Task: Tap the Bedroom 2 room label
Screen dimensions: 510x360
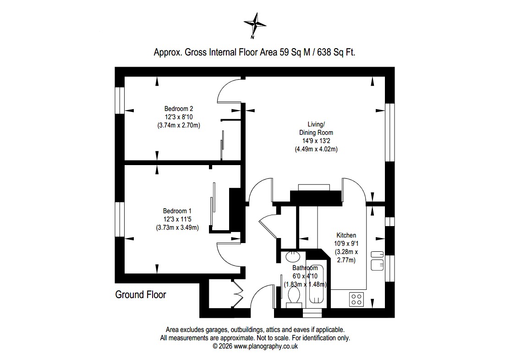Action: pyautogui.click(x=179, y=109)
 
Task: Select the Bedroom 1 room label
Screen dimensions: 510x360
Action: pyautogui.click(x=177, y=211)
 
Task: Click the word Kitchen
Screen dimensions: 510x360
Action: pyautogui.click(x=346, y=235)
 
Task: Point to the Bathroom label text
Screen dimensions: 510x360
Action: pyautogui.click(x=305, y=268)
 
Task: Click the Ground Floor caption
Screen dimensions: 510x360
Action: pyautogui.click(x=141, y=294)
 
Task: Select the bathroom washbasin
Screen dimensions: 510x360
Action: pyautogui.click(x=293, y=256)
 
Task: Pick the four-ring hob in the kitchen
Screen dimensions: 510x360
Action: pyautogui.click(x=356, y=299)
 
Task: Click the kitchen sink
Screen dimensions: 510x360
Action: pyautogui.click(x=377, y=261)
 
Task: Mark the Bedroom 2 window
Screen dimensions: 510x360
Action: pyautogui.click(x=120, y=100)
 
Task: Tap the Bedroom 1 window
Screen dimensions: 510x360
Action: pyautogui.click(x=120, y=219)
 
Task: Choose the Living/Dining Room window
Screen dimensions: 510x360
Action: pyautogui.click(x=389, y=133)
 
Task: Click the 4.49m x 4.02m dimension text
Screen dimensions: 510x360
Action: pyautogui.click(x=316, y=149)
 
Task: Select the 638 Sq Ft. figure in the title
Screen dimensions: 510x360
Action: pyautogui.click(x=336, y=52)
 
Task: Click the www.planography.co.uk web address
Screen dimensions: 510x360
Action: pyautogui.click(x=266, y=346)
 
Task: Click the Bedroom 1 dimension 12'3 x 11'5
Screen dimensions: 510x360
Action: pyautogui.click(x=177, y=219)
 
